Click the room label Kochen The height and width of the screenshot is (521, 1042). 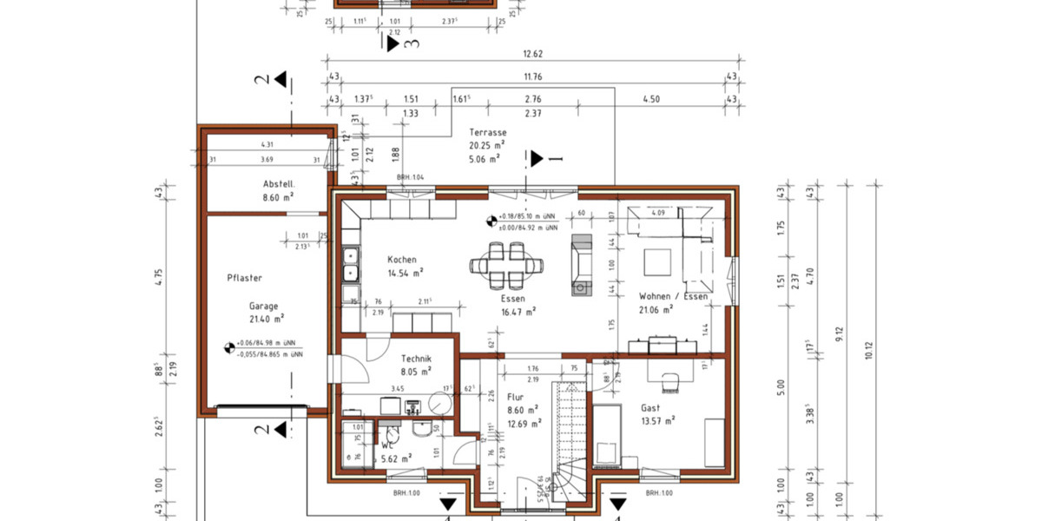coord(403,260)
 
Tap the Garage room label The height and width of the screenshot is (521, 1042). coord(264,307)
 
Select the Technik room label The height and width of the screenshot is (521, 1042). coord(416,358)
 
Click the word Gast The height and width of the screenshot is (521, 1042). coord(650,408)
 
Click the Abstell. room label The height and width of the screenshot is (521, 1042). coord(280,184)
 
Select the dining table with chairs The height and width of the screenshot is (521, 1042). coord(506,265)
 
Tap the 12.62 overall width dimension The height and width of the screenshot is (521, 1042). coord(532,54)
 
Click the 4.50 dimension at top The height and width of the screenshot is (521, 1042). coord(651,99)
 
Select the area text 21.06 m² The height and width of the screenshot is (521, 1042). coord(656,309)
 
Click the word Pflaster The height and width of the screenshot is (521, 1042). coord(244,278)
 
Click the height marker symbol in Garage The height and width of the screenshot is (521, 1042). coord(230,348)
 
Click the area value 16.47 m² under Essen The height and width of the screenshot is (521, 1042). coord(518,311)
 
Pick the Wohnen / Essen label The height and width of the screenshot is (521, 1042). coord(673,296)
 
